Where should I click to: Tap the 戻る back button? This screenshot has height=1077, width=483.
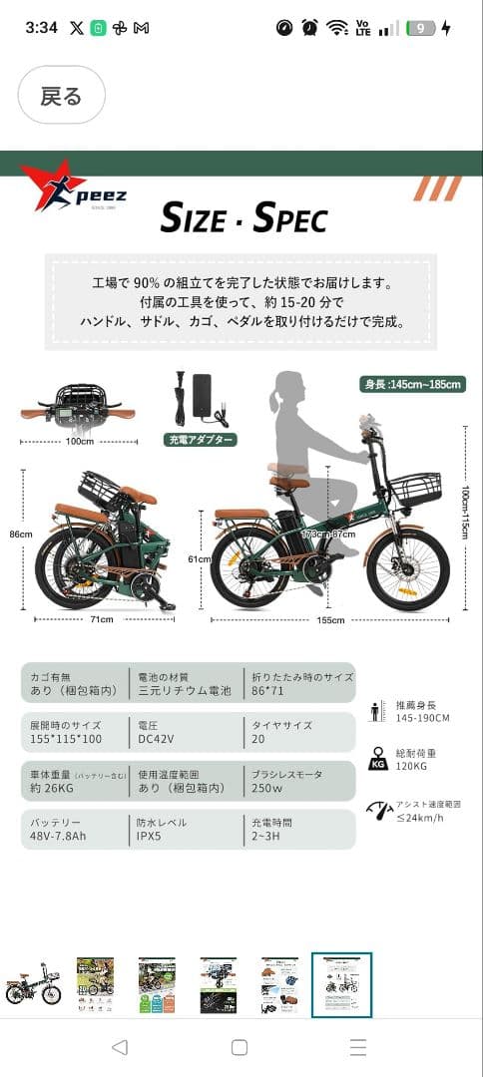click(61, 96)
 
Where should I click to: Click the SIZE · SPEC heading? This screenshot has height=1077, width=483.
click(243, 216)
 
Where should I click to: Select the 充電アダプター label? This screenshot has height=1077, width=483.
click(200, 439)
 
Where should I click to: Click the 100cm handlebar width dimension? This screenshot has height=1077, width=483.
click(80, 441)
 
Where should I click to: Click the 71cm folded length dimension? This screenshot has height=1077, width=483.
click(103, 619)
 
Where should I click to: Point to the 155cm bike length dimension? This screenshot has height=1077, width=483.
click(331, 619)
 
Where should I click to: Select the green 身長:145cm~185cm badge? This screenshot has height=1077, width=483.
click(412, 384)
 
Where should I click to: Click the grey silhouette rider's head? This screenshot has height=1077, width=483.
click(290, 389)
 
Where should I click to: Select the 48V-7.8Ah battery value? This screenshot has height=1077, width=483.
click(58, 836)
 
